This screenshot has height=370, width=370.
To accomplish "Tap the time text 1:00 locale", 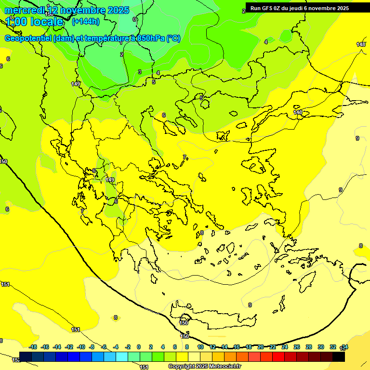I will (35, 22).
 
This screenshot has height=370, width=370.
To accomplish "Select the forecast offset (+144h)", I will (85, 22).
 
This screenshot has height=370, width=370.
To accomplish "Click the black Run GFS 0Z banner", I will (299, 8).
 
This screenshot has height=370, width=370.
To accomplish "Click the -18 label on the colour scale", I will (33, 347).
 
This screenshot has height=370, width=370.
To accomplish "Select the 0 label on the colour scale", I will (139, 347).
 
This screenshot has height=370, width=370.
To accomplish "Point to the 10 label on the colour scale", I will (200, 347).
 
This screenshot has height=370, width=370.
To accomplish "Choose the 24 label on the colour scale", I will (284, 347).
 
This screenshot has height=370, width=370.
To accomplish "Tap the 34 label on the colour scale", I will (344, 347).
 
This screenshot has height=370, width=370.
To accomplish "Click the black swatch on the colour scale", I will (339, 357).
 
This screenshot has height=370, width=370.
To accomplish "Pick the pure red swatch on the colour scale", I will (278, 357).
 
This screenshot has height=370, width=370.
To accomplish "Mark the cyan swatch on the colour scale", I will (122, 357).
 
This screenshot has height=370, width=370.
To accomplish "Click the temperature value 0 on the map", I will (134, 19).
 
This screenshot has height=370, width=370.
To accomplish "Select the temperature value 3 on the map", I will (140, 72).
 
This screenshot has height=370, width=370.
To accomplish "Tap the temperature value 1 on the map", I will (121, 43).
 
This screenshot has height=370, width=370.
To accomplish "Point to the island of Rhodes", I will (307, 282).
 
